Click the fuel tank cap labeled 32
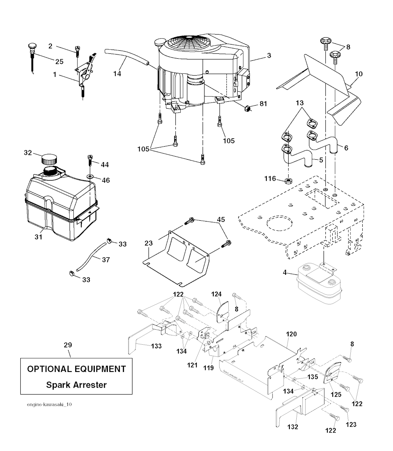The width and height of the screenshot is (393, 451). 49,158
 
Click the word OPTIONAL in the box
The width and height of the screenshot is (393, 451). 49,369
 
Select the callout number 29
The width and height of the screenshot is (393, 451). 68,345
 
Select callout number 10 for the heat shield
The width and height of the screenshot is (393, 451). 359,74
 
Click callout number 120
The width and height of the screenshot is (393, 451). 291,334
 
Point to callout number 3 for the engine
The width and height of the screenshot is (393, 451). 269,56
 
